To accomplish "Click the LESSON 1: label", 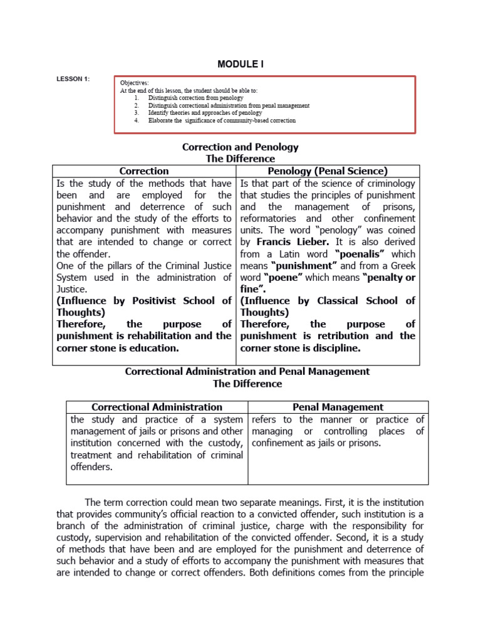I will point(73,78).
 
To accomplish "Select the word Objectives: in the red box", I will point(134,83).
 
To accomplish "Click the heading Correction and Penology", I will point(240,147).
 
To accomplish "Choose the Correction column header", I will point(144,171).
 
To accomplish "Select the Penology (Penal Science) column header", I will point(328,171).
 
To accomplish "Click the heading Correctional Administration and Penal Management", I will point(247,371).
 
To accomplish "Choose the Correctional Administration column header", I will point(157,407).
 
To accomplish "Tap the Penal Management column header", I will point(338,407).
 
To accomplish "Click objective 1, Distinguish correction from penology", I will point(195,98).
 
